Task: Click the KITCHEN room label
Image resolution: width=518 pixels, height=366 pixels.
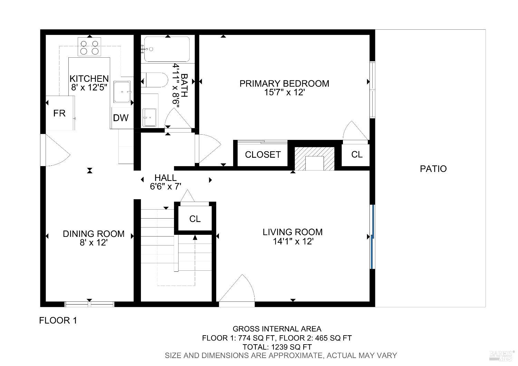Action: (x=89, y=79)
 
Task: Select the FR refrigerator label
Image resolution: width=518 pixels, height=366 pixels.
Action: (x=59, y=113)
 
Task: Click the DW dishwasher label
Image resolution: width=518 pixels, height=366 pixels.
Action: (x=121, y=118)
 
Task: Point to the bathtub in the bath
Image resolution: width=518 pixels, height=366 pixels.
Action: (x=167, y=49)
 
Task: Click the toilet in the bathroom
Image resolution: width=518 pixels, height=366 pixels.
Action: (x=155, y=80)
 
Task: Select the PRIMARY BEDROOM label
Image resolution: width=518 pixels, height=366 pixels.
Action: (x=284, y=84)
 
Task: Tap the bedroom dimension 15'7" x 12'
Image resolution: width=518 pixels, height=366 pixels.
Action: (x=284, y=93)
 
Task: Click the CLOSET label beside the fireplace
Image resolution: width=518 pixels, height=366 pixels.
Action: (x=262, y=155)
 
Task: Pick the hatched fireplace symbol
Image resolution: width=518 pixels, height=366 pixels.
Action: (x=314, y=158)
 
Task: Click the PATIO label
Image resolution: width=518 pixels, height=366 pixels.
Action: (x=433, y=169)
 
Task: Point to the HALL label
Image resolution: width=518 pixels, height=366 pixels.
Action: (x=165, y=178)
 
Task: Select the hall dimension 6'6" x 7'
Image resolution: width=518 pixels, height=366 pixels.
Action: (x=165, y=187)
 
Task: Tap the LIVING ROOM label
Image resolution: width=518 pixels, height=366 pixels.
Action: (x=292, y=232)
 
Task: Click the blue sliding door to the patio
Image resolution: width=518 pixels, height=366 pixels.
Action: (x=372, y=237)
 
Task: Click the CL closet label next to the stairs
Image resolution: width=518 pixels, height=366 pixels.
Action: (x=195, y=219)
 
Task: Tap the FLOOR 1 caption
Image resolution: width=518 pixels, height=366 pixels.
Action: (x=58, y=320)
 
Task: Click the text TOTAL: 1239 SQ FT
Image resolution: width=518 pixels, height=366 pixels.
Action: (x=277, y=347)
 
